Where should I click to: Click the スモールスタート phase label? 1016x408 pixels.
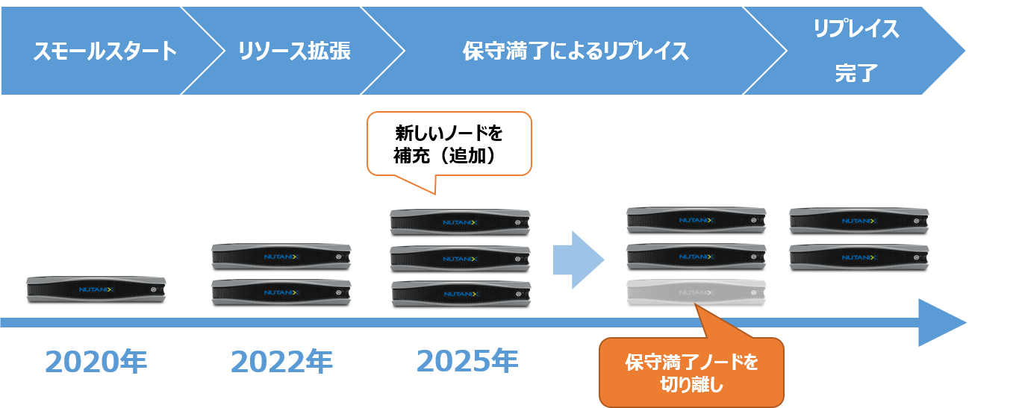(105, 51)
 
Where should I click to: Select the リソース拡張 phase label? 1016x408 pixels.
(294, 51)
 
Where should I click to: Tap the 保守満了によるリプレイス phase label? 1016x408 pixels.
(575, 51)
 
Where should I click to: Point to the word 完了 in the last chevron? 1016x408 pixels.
(856, 74)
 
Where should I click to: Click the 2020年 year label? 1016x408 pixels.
(96, 361)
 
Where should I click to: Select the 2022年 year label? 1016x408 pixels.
(281, 361)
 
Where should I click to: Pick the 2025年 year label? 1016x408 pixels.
(467, 361)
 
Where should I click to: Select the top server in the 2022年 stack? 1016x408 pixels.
(281, 256)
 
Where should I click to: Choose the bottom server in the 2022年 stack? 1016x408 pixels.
(281, 292)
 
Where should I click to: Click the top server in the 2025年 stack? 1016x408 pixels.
(460, 222)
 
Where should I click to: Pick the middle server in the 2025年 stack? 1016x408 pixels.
(460, 258)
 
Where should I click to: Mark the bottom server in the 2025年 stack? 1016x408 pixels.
(460, 293)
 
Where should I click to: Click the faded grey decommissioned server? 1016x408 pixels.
(696, 292)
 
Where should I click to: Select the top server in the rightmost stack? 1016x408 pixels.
(858, 221)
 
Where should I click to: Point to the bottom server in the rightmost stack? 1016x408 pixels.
(858, 257)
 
